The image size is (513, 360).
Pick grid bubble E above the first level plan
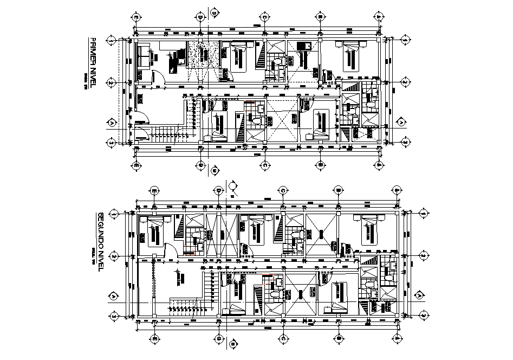136,17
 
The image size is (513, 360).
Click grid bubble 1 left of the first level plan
111,40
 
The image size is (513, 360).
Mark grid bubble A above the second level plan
396,190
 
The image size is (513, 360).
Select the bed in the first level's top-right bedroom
350,56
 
